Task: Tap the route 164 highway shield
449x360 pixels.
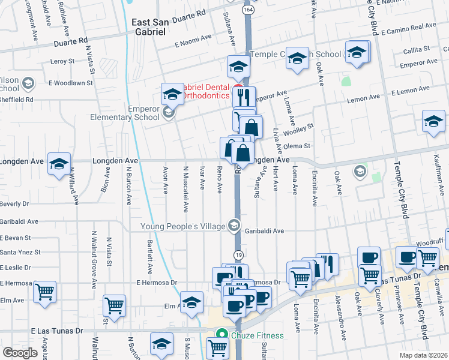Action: tap(247, 10)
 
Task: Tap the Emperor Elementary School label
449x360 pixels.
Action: tap(130, 113)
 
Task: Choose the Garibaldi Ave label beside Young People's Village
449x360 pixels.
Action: tap(264, 230)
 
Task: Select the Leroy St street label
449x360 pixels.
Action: tap(62, 61)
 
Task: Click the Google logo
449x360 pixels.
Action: tap(20, 352)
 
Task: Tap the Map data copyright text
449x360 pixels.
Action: tap(423, 355)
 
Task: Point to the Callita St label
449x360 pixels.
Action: tap(417, 49)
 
